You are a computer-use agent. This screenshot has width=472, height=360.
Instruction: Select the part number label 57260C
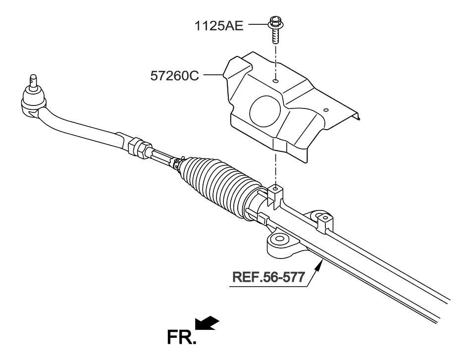[x=174, y=76]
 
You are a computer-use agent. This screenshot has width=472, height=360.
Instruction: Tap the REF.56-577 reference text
[x=268, y=277]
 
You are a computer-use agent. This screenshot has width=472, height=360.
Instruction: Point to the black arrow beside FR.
[x=208, y=323]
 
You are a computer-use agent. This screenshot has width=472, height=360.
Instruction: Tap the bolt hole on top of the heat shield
[x=276, y=79]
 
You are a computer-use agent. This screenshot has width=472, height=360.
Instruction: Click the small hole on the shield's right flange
[x=325, y=110]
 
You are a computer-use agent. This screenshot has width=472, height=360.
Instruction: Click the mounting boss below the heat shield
[x=275, y=191]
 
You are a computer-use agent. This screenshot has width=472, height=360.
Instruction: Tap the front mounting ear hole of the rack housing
[x=279, y=239]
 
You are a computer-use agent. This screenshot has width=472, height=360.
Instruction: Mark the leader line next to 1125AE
[x=258, y=23]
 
